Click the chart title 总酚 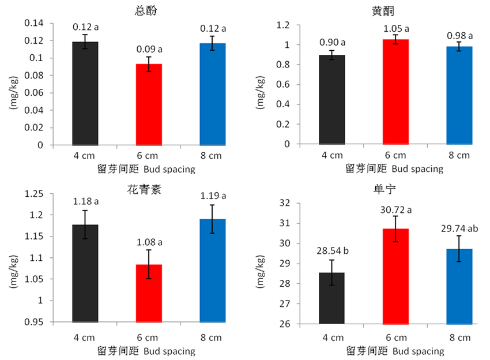coord(149,10)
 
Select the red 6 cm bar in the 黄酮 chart coord(395,92)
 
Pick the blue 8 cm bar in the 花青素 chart coord(213,271)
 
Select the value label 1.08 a coord(149,242)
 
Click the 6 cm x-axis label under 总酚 coord(149,156)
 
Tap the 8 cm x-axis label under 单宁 coord(459,337)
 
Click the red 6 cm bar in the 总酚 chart coord(149,104)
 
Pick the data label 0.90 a coord(331,42)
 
